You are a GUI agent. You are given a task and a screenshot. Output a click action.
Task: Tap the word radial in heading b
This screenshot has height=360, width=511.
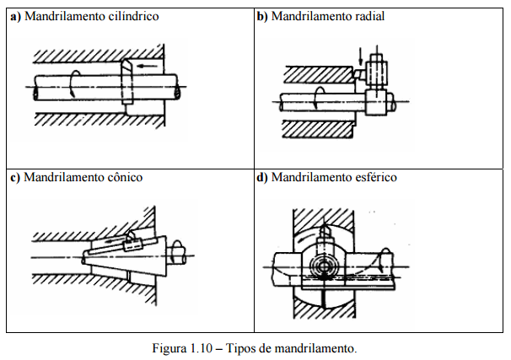367,16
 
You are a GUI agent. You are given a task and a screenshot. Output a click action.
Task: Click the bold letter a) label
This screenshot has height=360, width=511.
15,16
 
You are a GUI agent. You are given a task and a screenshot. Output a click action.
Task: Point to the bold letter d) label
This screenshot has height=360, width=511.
262,178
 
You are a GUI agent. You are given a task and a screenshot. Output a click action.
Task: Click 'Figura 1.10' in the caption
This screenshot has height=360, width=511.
181,347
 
